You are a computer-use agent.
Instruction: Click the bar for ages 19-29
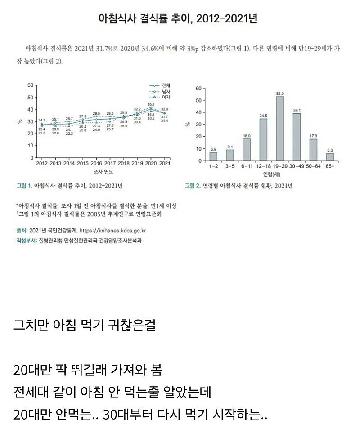pos(280,129)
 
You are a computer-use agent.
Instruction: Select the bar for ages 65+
pos(330,156)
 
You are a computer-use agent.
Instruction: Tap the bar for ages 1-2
pos(213,156)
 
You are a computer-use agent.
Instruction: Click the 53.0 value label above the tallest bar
pos(280,94)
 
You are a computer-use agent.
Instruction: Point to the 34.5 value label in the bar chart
pos(263,116)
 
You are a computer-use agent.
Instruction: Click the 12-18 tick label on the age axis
pos(263,166)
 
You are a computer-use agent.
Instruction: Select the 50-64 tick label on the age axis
pos(313,166)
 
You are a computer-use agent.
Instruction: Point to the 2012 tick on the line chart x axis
pos(42,164)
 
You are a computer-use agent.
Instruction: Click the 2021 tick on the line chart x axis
pos(165,164)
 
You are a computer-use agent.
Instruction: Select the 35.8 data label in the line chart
pos(151,104)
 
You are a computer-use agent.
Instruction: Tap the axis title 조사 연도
pos(103,172)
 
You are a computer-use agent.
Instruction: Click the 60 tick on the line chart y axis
pos(31,85)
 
